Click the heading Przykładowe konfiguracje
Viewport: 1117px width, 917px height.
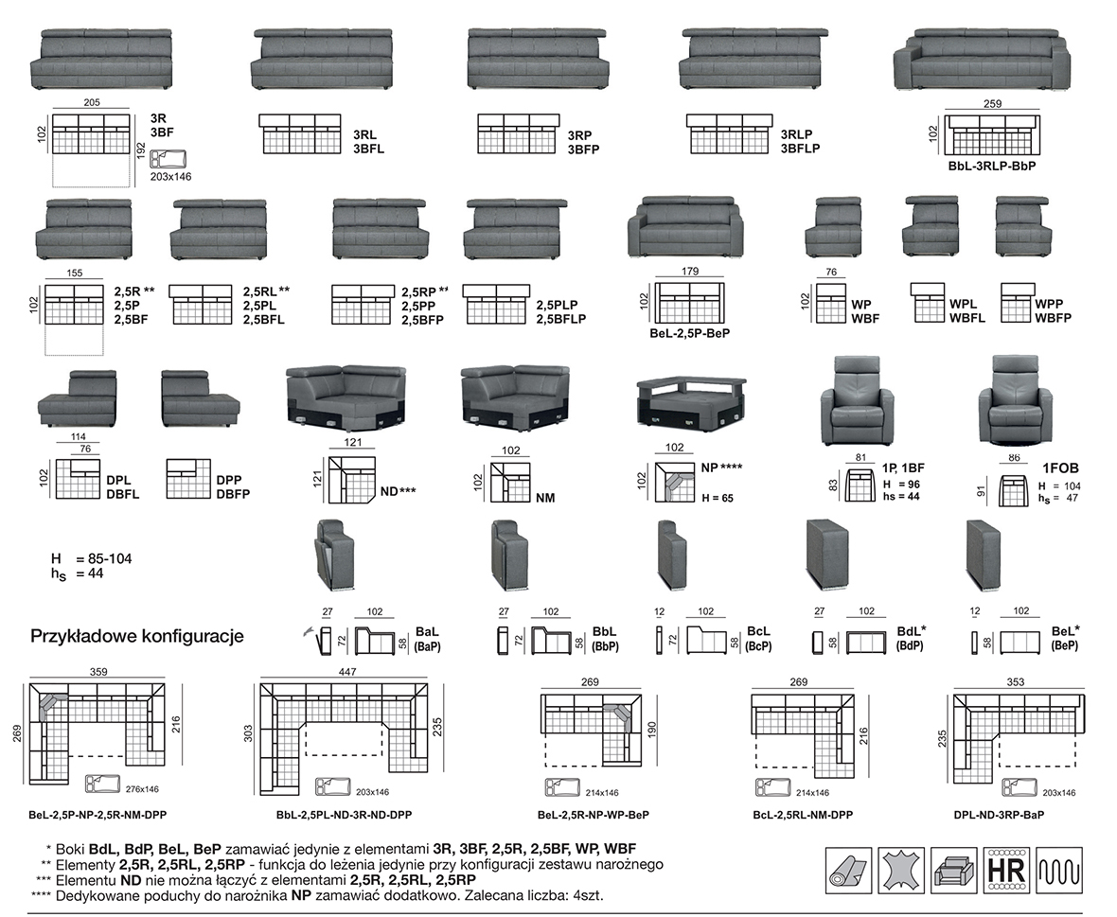click(x=137, y=636)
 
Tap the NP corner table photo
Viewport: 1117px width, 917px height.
click(x=690, y=401)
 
